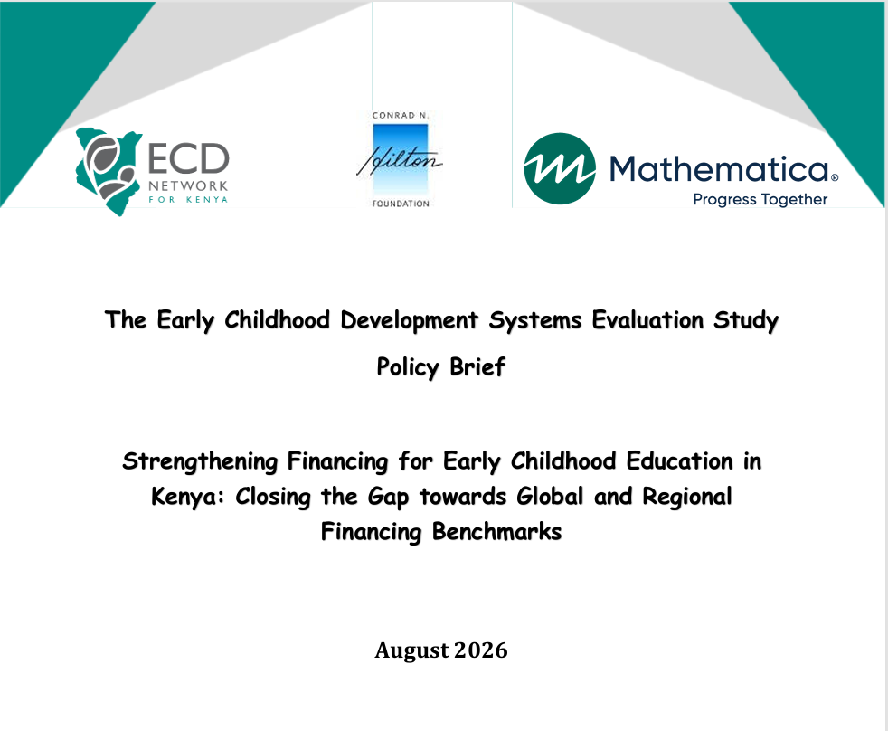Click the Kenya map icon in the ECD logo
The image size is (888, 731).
pos(108,171)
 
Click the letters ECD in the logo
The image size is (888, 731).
pos(189,158)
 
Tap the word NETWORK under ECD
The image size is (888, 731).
pos(188,185)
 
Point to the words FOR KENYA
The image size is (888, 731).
pos(188,199)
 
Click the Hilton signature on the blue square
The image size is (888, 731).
pos(400,160)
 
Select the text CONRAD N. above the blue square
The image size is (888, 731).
pos(401,116)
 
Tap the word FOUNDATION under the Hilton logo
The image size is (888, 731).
pos(401,204)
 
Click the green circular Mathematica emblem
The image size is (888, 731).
pos(560,168)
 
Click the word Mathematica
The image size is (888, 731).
pos(719,168)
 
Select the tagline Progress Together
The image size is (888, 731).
pos(760,199)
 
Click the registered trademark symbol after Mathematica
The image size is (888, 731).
pos(835,177)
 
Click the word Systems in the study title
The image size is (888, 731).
pos(535,320)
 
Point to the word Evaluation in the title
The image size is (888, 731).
pos(647,320)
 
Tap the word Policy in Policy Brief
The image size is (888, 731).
pos(408,367)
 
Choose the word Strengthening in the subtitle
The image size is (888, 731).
pos(199,461)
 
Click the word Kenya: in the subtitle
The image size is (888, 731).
pos(188,497)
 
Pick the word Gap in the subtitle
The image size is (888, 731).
pos(388,498)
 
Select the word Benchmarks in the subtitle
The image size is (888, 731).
pos(496,532)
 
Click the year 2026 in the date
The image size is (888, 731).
pos(481,650)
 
